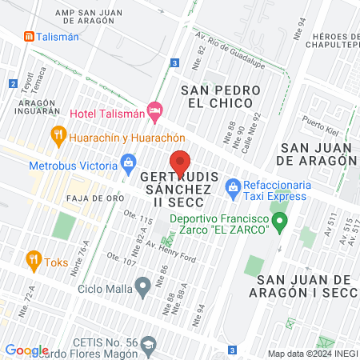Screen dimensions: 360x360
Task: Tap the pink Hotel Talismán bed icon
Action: [x=156, y=109]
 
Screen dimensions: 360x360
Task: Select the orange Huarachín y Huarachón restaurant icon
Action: [x=57, y=135]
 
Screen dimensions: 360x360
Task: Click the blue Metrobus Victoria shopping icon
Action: [x=128, y=166]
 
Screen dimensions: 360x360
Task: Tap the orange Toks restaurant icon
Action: [x=33, y=259]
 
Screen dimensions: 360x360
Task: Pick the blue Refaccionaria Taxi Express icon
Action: [x=234, y=189]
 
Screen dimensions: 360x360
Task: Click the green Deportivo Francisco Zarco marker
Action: [x=280, y=222]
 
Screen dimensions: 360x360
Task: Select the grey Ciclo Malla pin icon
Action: [x=142, y=285]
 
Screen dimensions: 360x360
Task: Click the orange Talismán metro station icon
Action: [x=29, y=36]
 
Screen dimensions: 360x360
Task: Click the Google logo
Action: [x=26, y=350]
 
